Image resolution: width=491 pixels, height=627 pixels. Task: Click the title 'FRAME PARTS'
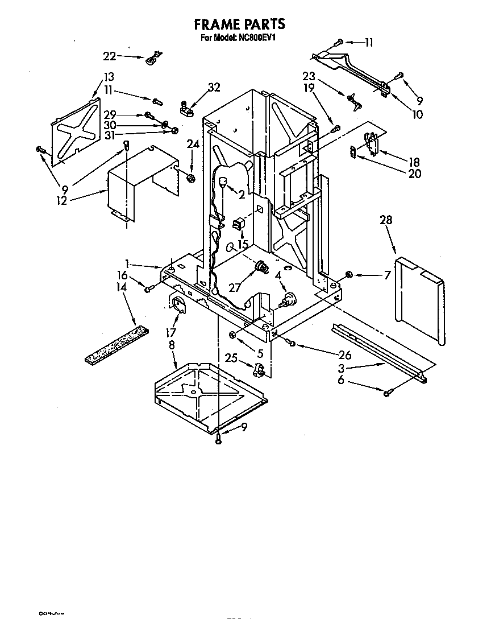pos(239,24)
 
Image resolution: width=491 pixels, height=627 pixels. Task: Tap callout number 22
pos(109,56)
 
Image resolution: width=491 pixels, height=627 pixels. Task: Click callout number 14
pos(121,288)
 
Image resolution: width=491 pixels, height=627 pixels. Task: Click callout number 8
pos(172,345)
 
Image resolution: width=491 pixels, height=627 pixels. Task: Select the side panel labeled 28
pos(419,299)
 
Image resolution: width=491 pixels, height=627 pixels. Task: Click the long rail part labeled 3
pos(378,350)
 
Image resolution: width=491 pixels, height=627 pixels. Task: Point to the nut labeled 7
pos(349,275)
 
